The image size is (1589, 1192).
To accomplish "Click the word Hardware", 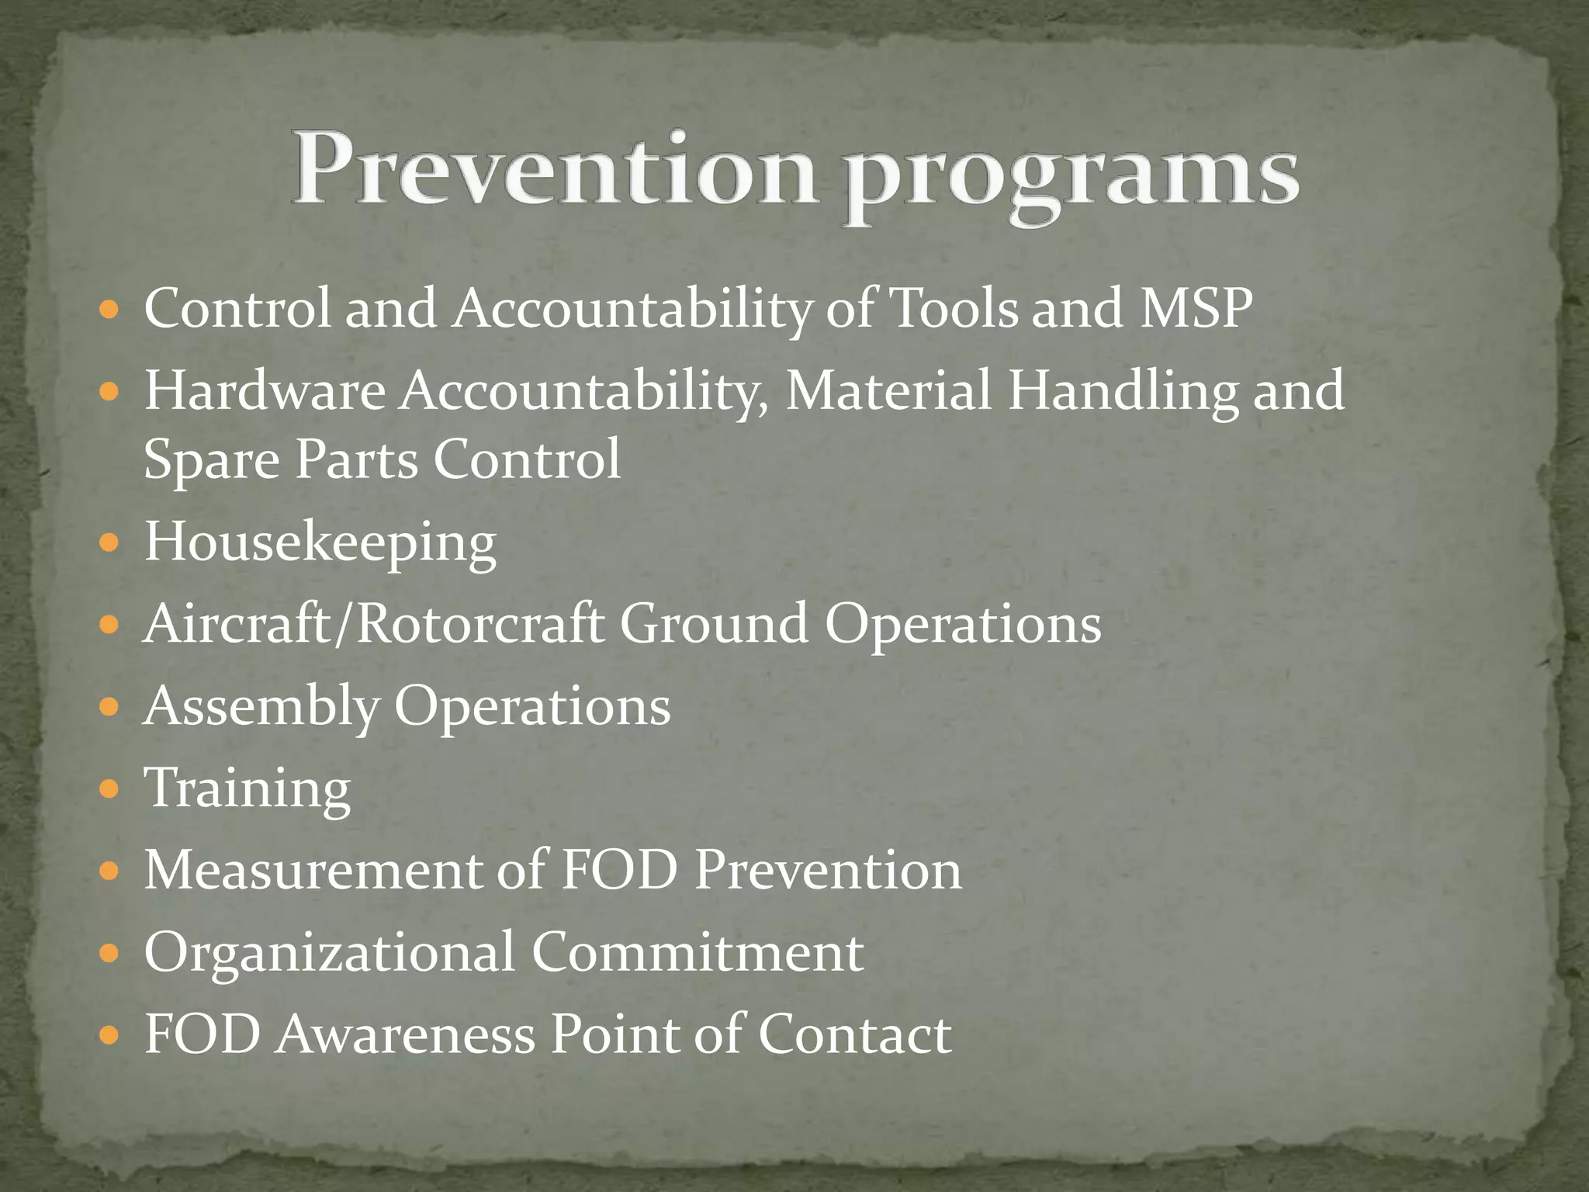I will click(265, 390).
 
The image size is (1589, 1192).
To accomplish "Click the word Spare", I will click(211, 459).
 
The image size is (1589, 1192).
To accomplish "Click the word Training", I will click(248, 788).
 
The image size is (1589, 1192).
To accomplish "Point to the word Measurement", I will click(313, 870).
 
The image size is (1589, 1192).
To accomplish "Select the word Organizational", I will click(330, 953).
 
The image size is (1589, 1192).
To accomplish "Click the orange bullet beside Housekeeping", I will click(109, 542).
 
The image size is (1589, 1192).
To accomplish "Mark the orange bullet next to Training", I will click(109, 789).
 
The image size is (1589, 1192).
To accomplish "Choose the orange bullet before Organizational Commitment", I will click(109, 952).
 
